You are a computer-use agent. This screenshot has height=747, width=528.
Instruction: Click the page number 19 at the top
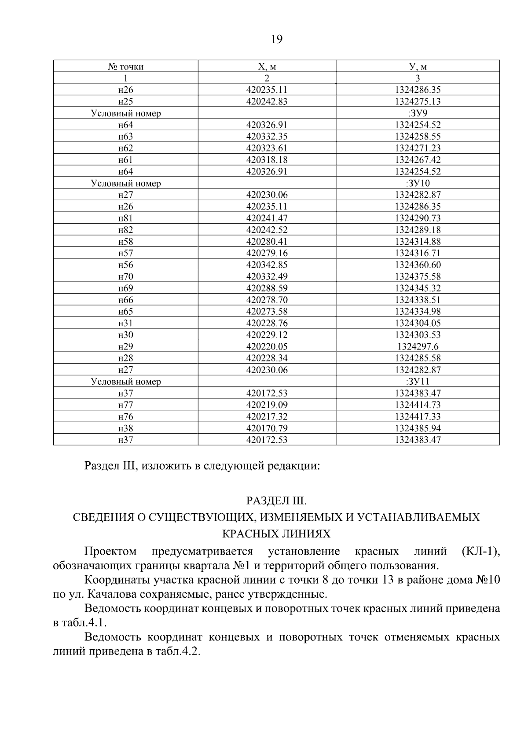point(276,40)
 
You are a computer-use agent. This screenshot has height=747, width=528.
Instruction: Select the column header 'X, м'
point(267,67)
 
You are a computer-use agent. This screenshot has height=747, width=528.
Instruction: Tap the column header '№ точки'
point(125,67)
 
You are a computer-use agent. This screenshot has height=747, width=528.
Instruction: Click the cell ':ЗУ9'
point(418,113)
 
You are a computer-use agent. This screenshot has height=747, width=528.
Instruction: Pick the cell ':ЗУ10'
point(418,183)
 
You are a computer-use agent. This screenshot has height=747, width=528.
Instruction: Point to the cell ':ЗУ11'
point(418,382)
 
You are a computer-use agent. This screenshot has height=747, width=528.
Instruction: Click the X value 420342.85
point(267,265)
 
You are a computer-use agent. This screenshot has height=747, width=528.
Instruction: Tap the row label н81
point(125,218)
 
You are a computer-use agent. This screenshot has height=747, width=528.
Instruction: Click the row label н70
point(125,276)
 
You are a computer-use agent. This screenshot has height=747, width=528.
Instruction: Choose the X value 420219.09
point(267,405)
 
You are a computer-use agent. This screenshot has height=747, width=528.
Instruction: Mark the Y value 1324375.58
point(418,276)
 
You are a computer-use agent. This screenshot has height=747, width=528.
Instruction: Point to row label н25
point(125,102)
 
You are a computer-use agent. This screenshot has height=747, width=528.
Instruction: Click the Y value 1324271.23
point(418,148)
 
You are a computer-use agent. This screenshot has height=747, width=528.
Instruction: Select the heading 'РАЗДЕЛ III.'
point(276,501)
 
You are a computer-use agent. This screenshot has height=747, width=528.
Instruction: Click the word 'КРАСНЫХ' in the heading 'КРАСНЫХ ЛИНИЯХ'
point(248,534)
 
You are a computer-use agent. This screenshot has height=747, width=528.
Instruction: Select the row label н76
point(125,417)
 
